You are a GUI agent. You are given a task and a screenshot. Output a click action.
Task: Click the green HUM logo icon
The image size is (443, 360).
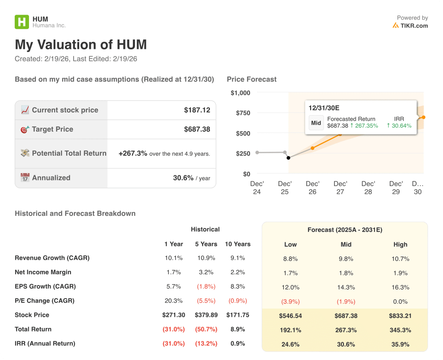22,22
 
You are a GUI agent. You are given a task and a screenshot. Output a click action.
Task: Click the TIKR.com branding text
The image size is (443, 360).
414,26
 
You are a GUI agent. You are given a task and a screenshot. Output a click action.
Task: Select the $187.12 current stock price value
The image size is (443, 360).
197,110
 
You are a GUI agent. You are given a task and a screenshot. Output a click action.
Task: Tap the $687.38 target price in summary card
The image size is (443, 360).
197,129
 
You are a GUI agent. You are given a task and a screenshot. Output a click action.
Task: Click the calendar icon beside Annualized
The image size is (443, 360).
25,178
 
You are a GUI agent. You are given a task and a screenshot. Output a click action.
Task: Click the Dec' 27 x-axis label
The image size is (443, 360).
340,187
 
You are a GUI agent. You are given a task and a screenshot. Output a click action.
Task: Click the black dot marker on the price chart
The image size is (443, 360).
289,158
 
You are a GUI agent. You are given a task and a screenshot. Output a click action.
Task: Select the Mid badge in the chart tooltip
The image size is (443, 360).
316,123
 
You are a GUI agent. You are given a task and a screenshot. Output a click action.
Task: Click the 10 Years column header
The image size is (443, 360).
238,244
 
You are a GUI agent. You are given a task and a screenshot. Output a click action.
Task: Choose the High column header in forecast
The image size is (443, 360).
400,244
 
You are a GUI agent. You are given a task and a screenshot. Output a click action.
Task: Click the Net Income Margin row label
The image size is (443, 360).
43,272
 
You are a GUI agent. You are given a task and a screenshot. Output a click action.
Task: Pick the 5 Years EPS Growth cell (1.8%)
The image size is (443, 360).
206,286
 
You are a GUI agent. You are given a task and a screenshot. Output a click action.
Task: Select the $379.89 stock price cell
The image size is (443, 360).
206,315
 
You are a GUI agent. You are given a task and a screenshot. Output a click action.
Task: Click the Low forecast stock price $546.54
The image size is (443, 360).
290,316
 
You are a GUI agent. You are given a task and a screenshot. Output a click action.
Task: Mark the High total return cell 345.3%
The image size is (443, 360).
400,330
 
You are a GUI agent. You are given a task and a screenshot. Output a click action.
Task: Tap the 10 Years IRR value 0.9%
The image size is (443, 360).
238,344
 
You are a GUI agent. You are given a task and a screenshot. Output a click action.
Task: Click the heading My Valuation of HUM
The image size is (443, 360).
81,45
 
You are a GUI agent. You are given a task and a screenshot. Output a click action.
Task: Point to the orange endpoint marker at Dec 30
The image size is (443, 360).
424,117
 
